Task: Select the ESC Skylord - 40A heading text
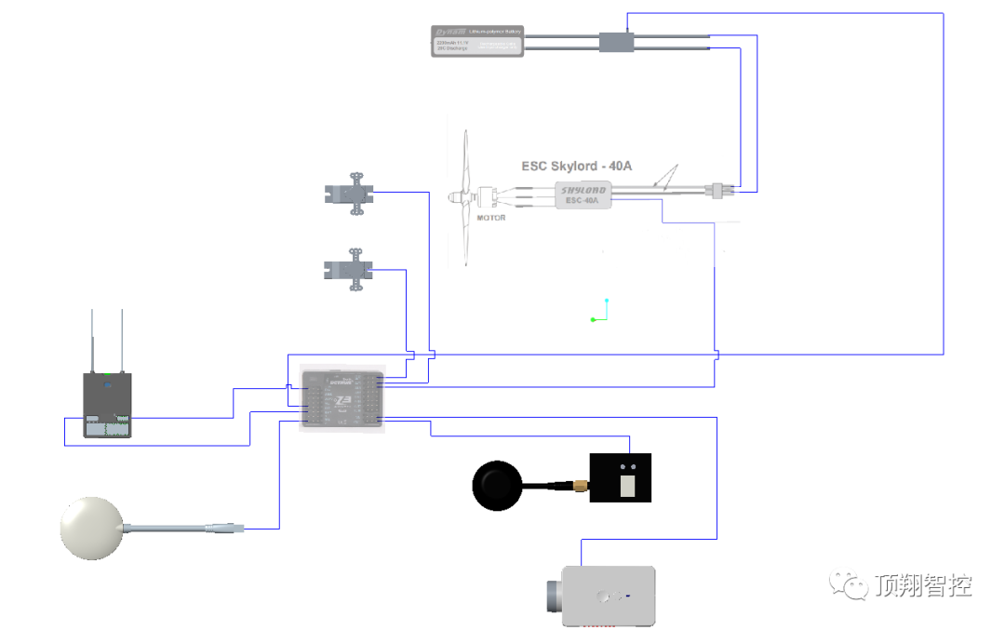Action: point(577,166)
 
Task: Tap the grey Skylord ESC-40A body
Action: point(584,194)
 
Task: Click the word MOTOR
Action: point(490,218)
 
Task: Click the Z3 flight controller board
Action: point(342,398)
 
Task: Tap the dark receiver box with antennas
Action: point(108,405)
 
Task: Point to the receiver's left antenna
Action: point(92,341)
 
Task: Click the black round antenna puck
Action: point(499,484)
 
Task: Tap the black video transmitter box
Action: point(621,477)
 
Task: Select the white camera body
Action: point(610,595)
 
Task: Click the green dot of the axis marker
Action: point(593,320)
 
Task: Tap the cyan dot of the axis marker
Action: point(607,301)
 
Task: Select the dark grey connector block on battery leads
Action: point(616,42)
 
